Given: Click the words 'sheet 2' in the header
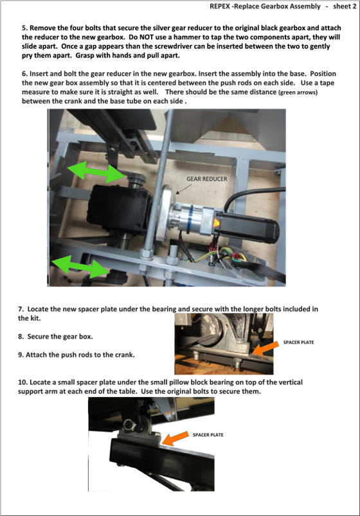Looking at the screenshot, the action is pyautogui.click(x=345, y=6).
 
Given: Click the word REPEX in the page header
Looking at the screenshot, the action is pyautogui.click(x=220, y=6).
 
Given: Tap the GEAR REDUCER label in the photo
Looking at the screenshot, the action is pyautogui.click(x=206, y=179).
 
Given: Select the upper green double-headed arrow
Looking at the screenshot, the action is pyautogui.click(x=96, y=172).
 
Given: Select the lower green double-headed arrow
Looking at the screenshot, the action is pyautogui.click(x=81, y=265).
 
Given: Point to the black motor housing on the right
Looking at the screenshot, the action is pyautogui.click(x=251, y=226).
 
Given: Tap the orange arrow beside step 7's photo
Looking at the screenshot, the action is pyautogui.click(x=265, y=348).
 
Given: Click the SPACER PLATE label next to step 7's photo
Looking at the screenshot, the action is pyautogui.click(x=298, y=343).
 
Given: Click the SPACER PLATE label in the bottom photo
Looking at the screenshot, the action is pyautogui.click(x=208, y=435).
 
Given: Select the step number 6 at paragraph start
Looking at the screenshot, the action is pyautogui.click(x=24, y=74).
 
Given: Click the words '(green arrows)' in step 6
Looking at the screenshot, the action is pyautogui.click(x=298, y=93).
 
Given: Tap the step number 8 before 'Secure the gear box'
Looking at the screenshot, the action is pyautogui.click(x=21, y=337).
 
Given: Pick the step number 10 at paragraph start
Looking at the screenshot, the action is pyautogui.click(x=22, y=382).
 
